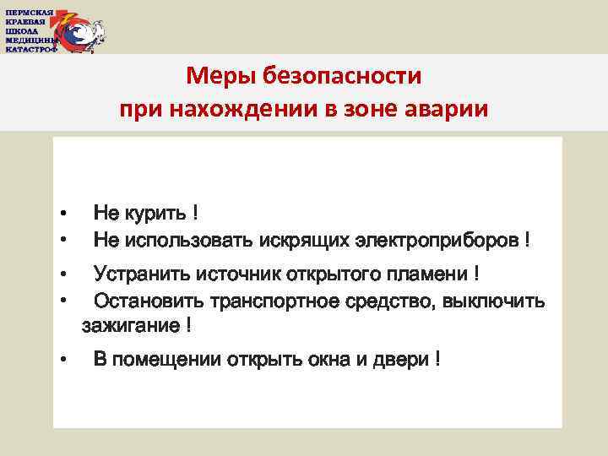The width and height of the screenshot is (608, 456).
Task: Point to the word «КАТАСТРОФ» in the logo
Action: click(31, 48)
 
